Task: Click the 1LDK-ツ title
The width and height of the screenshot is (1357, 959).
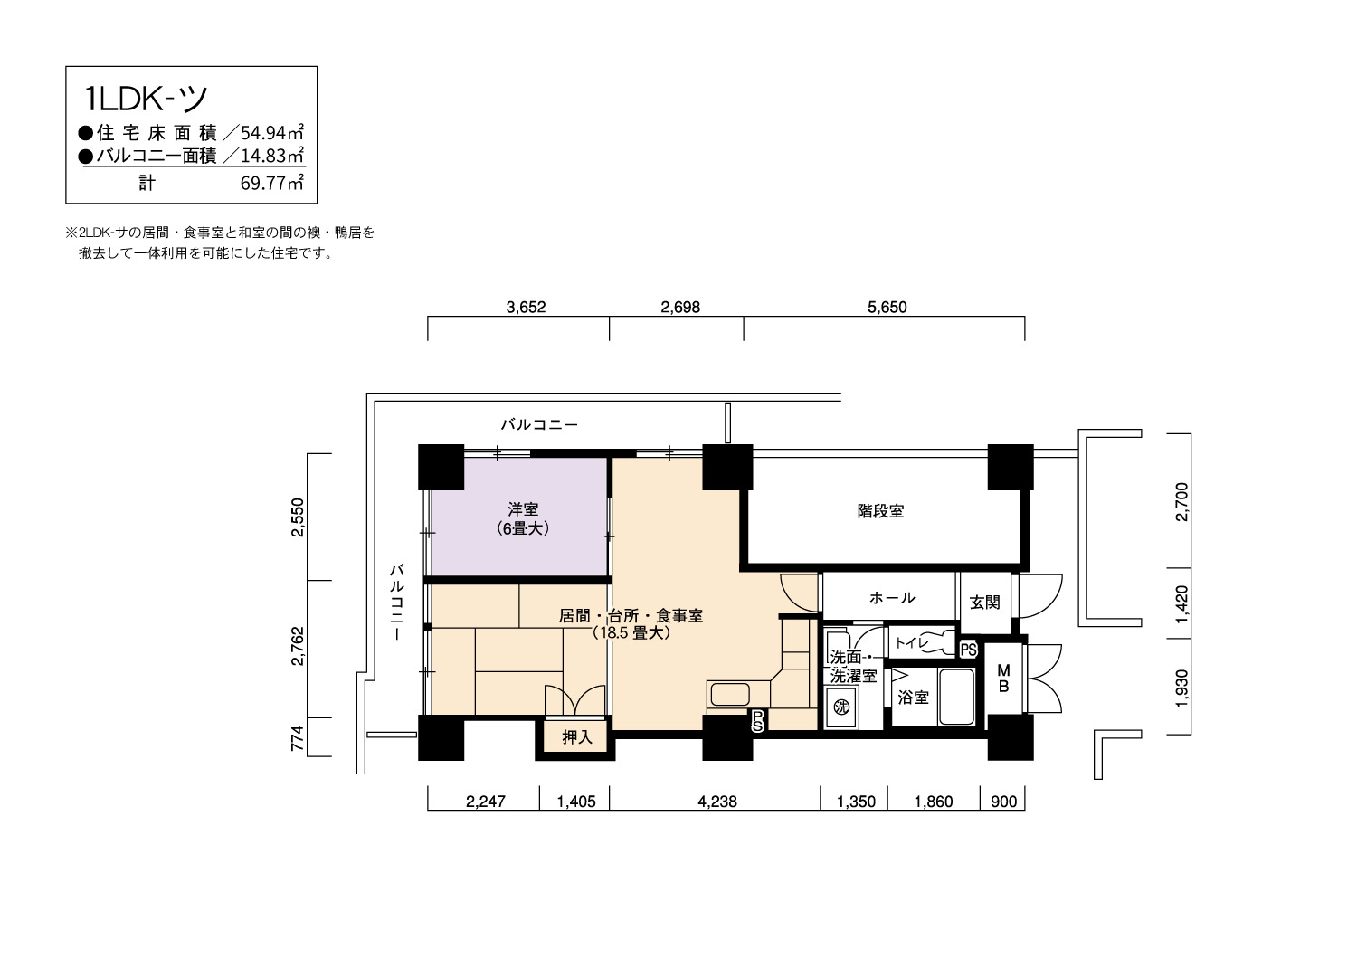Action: (146, 99)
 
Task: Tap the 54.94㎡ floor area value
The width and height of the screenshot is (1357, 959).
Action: (272, 132)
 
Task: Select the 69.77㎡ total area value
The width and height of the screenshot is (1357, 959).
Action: (272, 183)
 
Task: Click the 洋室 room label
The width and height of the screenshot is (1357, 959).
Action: (524, 508)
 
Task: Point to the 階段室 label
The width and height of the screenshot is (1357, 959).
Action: (880, 511)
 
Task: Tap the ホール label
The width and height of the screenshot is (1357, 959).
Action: (892, 598)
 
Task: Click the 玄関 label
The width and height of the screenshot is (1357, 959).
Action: (984, 603)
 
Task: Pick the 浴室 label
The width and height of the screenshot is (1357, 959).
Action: (913, 698)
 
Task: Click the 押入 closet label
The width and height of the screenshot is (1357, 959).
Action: (577, 737)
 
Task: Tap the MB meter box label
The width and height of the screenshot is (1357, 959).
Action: (1004, 679)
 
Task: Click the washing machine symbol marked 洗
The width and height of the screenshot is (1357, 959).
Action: (841, 707)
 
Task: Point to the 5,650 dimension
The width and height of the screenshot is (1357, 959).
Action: (887, 307)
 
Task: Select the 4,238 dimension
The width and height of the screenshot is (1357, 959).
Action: (717, 802)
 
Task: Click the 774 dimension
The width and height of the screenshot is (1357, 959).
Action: (297, 738)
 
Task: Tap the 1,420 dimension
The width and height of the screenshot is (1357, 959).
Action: (1181, 604)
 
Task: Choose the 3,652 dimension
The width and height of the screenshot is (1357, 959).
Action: (526, 307)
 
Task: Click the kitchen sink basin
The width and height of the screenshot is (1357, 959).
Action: (730, 694)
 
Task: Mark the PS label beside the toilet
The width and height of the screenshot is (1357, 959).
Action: (969, 650)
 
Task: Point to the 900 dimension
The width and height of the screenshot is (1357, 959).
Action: (1004, 802)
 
